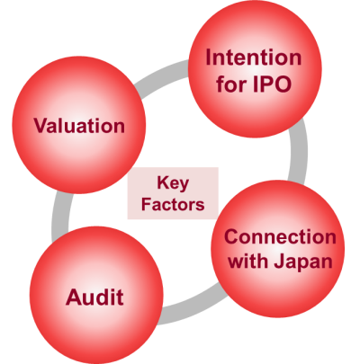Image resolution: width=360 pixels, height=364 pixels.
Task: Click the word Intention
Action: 254,58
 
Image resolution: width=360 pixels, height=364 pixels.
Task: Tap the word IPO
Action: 272,84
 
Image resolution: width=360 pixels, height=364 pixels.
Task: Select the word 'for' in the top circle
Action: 231,84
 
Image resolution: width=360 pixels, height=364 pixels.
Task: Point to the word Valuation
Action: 79,125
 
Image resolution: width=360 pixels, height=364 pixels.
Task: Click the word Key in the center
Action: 173,182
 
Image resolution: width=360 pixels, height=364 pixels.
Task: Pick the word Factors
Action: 173,204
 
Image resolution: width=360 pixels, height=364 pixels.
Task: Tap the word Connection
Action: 280,236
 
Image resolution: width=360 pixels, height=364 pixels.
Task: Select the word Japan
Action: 303,262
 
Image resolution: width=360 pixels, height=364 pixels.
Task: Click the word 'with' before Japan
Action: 247,261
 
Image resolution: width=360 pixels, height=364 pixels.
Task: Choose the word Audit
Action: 94,297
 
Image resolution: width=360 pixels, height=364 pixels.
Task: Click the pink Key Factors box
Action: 173,193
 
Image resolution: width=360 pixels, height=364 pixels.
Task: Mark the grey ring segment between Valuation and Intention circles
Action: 160,75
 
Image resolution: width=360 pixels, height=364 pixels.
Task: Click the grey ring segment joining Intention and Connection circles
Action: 298,151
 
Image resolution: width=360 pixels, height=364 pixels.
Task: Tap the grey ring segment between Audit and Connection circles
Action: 191,306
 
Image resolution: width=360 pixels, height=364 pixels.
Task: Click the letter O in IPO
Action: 283,84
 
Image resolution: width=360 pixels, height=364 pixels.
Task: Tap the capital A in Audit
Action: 74,297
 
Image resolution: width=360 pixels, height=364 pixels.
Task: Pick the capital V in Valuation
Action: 41,125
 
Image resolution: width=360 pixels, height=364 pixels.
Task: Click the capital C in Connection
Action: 232,236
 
